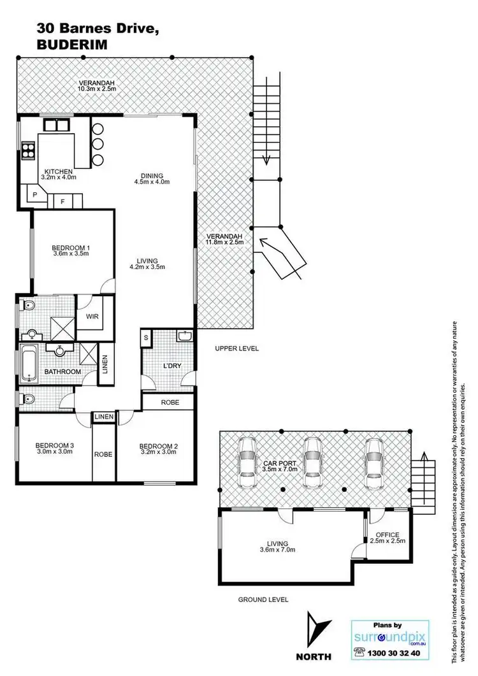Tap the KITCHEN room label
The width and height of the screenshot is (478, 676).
pos(59,171)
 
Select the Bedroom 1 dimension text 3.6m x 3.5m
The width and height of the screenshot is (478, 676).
pos(70,253)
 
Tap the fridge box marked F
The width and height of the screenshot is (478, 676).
pos(62,201)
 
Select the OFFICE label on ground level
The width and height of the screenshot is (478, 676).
pos(387,534)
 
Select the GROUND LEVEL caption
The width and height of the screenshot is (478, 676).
pos(263,599)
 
